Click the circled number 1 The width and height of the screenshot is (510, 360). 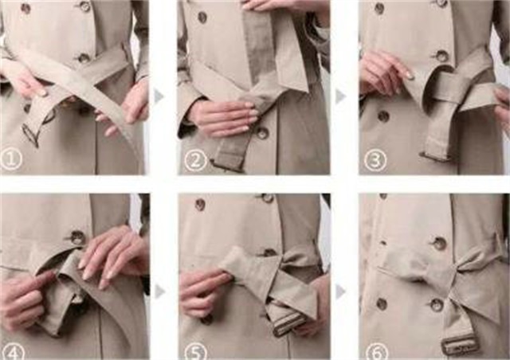click(x=11, y=159)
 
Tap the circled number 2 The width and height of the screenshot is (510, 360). click(x=196, y=160)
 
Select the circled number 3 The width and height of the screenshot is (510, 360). click(x=375, y=160)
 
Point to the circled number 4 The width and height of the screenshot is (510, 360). click(x=14, y=352)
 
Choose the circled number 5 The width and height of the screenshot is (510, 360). click(x=196, y=352)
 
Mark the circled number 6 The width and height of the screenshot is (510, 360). click(x=377, y=352)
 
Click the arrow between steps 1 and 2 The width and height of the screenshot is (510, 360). click(x=159, y=96)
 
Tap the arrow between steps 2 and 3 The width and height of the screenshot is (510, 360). click(x=340, y=96)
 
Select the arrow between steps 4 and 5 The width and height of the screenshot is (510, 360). click(x=159, y=292)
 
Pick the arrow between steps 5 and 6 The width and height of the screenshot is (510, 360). click(x=340, y=292)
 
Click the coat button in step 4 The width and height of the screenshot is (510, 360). click(x=77, y=237)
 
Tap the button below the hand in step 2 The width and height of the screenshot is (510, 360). click(x=261, y=133)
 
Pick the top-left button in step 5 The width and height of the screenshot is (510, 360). click(x=200, y=204)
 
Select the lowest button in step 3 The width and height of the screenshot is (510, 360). click(x=383, y=116)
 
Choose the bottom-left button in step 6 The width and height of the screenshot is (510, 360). click(x=382, y=304)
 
